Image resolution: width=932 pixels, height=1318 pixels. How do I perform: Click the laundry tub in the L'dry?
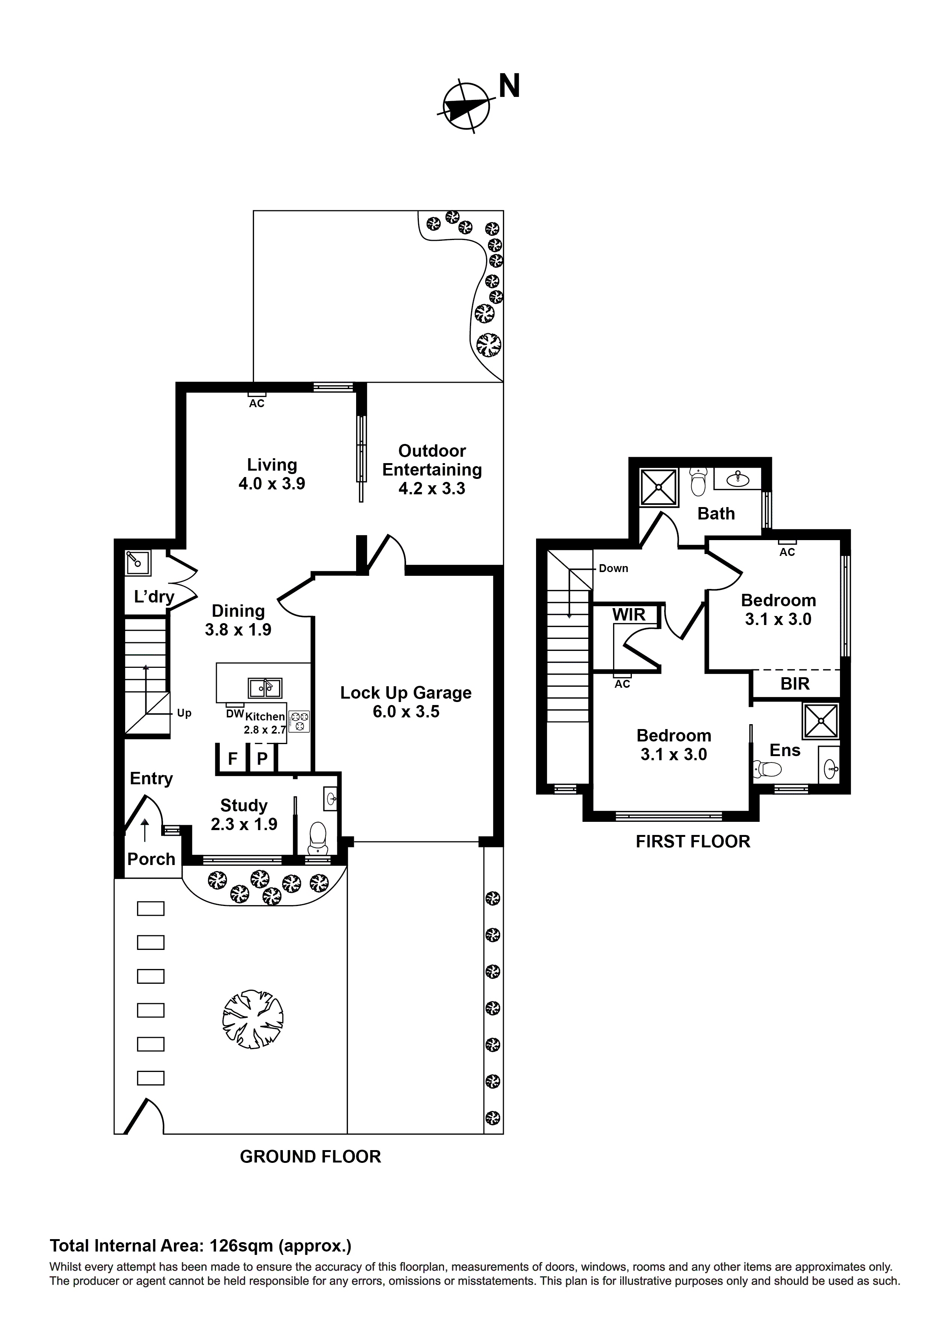(x=138, y=563)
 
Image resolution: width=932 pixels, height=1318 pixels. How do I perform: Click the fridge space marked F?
(x=233, y=759)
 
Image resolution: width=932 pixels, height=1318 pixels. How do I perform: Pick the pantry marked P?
(x=262, y=759)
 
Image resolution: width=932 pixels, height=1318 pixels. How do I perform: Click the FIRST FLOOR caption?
(x=693, y=842)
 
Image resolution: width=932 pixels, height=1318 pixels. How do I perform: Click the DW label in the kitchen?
(x=235, y=714)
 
